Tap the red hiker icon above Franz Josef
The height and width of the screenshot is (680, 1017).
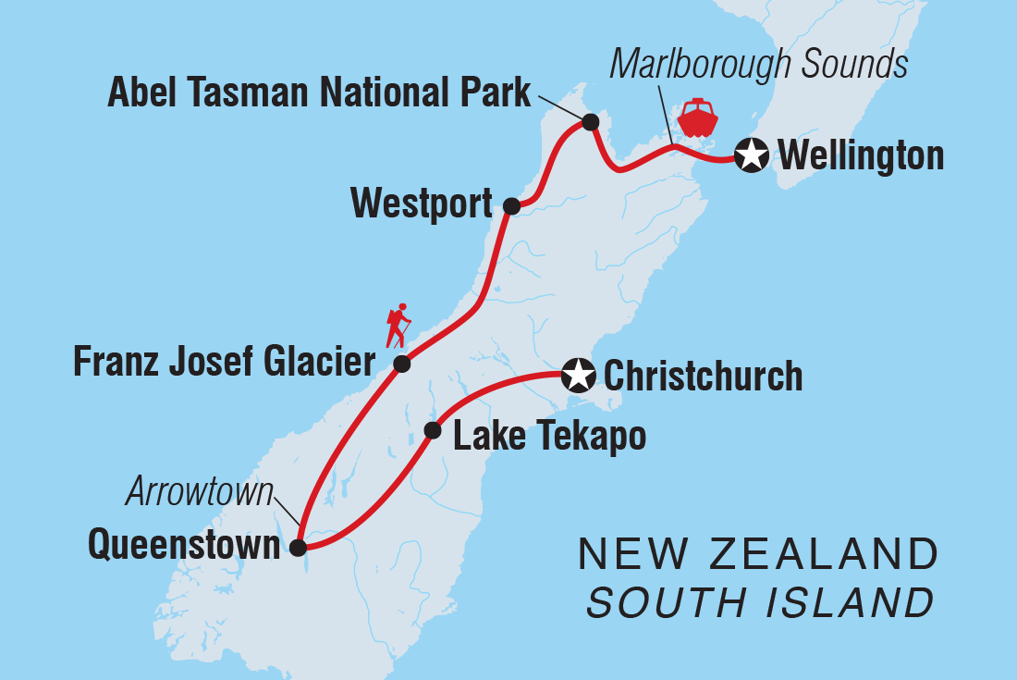(x=399, y=326)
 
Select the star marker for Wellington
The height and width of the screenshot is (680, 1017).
(x=752, y=155)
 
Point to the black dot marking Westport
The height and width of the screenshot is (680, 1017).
(x=510, y=206)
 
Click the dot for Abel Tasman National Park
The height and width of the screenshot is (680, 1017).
(x=590, y=122)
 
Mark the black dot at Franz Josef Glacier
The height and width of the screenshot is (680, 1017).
(x=402, y=364)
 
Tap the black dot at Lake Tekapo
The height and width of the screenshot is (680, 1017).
(x=432, y=430)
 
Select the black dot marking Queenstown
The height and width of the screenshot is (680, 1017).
(x=298, y=548)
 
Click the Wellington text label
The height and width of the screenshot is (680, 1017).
(x=861, y=155)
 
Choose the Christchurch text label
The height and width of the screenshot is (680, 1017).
(x=703, y=377)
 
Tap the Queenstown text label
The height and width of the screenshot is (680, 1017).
(x=184, y=545)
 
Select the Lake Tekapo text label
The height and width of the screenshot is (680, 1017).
(x=549, y=436)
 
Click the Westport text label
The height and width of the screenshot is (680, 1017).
(x=422, y=203)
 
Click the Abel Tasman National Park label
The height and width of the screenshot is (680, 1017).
(x=319, y=93)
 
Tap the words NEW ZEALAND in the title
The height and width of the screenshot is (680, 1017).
(x=758, y=555)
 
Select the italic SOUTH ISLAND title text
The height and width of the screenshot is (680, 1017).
(x=760, y=603)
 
